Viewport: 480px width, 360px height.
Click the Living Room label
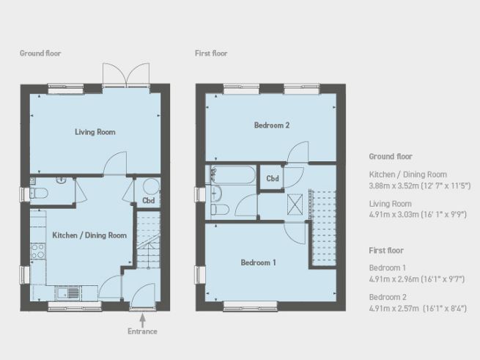(95, 132)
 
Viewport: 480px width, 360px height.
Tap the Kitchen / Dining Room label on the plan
(89, 235)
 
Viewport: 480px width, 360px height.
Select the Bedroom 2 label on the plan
(272, 125)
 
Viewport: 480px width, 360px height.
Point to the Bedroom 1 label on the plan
(258, 262)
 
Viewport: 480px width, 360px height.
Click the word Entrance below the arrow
(142, 331)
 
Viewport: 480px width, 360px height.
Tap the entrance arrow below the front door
(142, 318)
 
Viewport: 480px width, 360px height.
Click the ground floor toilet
(40, 194)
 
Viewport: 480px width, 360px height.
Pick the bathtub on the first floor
(232, 176)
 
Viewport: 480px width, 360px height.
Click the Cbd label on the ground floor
(149, 200)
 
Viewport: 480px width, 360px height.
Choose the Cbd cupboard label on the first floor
(272, 178)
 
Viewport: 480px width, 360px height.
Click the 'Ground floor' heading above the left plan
(40, 54)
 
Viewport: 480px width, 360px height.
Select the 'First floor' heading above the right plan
(211, 54)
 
